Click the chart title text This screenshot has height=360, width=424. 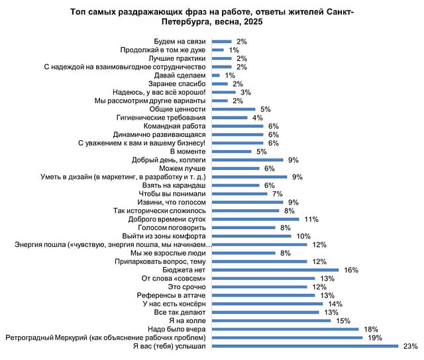(211, 17)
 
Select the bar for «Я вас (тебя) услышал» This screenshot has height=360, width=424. (305, 346)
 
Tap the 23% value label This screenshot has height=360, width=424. (410, 346)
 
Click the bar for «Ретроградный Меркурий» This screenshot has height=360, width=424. (287, 337)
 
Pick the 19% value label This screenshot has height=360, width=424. (374, 337)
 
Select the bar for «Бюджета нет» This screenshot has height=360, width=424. (275, 270)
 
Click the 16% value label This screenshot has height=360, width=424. (350, 270)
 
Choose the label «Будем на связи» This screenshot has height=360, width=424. (180, 42)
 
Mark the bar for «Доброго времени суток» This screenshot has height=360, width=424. (255, 219)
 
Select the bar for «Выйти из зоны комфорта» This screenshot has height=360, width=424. (252, 236)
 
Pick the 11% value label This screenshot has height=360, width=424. (311, 219)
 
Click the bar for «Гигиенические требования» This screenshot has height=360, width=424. (229, 118)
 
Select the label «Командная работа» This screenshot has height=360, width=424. (176, 126)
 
